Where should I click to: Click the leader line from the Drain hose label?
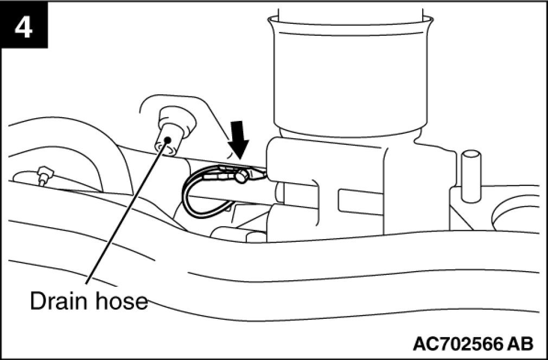125,217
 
